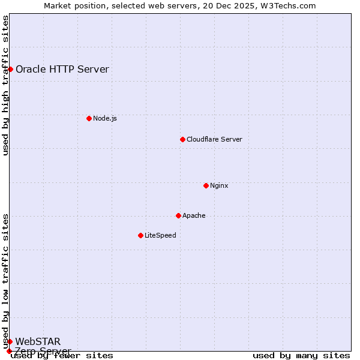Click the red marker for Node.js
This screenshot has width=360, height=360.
pos(89,118)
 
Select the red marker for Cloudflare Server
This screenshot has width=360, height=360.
pos(182,139)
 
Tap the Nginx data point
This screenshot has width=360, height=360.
pos(206,185)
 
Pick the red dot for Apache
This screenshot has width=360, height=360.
pos(178,215)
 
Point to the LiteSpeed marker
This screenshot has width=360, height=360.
pos(140,235)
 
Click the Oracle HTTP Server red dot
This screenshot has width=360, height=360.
pos(10,69)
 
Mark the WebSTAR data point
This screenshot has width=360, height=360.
pos(10,341)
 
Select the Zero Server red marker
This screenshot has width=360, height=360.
pos(9,351)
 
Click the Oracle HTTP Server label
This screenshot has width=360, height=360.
pos(62,69)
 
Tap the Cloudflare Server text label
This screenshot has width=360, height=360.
pos(214,139)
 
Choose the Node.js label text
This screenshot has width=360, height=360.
pos(105,118)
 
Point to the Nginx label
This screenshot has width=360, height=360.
pos(219,185)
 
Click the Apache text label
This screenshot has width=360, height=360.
pos(194,215)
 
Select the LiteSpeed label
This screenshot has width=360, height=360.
pos(160,235)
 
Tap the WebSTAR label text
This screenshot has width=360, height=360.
pos(38,341)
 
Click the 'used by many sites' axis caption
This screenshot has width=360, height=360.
pos(301,355)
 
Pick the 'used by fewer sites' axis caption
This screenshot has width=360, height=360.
pos(62,355)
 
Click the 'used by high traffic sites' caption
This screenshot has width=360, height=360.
pos(5,85)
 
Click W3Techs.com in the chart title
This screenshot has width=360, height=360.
pos(290,5)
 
